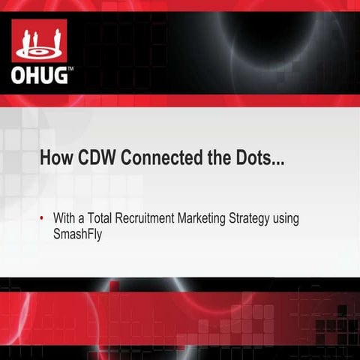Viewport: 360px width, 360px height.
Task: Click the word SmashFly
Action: [x=76, y=233]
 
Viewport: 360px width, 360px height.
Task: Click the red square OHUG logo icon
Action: [x=40, y=40]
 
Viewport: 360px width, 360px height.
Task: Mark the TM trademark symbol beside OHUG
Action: [x=70, y=68]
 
